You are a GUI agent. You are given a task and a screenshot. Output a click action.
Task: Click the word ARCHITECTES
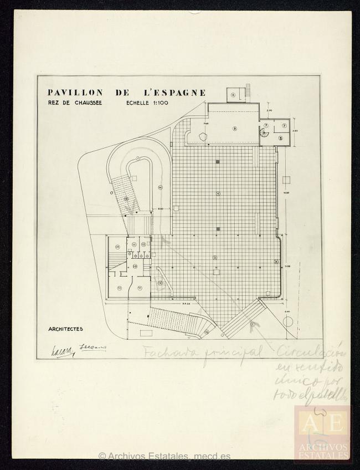[x=65, y=329]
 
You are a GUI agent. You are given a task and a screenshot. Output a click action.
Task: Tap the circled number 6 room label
[x=233, y=95]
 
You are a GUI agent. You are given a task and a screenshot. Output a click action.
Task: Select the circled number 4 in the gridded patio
[x=218, y=193]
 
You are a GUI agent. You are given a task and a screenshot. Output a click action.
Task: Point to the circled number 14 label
[x=160, y=187]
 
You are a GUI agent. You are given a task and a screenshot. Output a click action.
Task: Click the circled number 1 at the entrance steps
[x=252, y=324]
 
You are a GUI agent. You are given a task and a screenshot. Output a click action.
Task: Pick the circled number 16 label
[x=206, y=332]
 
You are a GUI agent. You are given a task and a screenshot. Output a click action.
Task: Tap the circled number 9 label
[x=160, y=283]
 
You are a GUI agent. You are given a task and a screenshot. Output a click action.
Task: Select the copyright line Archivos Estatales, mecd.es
[x=164, y=457]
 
